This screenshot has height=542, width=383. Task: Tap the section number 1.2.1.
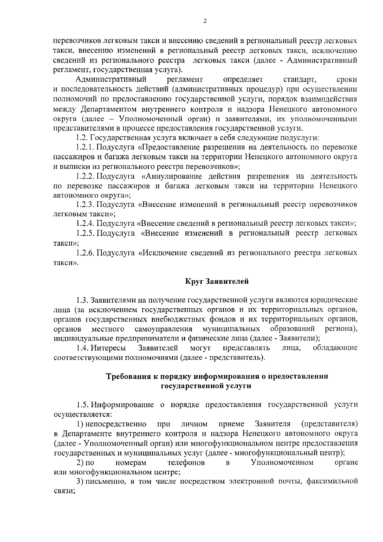85,147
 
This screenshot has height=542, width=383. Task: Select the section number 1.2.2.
85,176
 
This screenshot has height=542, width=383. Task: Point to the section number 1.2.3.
85,204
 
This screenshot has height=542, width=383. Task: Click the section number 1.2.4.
85,223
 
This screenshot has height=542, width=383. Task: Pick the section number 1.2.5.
85,233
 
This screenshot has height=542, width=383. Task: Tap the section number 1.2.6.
85,253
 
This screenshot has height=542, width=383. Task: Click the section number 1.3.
82,300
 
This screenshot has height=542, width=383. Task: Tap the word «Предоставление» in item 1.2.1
169,147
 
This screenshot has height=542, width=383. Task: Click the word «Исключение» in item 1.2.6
164,253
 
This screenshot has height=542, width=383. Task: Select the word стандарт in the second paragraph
299,79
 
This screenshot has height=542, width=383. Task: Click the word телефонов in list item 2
186,462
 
